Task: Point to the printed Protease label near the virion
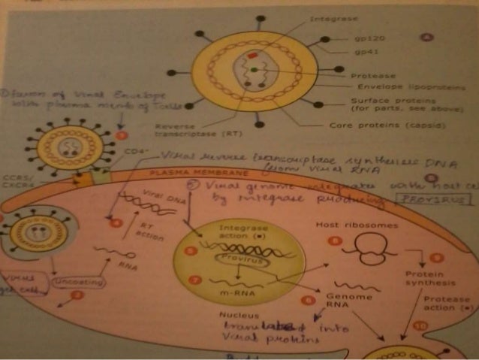pos(370,76)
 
